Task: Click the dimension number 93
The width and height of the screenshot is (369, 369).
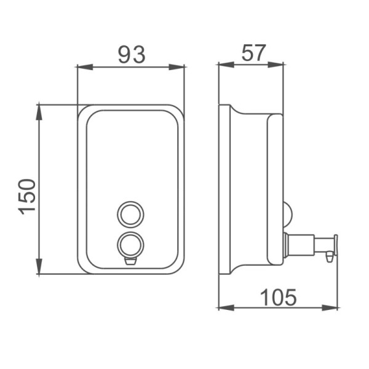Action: click(132, 55)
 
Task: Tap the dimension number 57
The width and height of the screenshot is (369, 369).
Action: click(253, 53)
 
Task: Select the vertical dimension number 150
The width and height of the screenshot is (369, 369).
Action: click(28, 197)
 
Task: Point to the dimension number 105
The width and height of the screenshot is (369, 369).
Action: click(279, 297)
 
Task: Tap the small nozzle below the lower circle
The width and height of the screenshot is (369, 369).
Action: click(130, 261)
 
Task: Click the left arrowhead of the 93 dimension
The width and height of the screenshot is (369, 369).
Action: click(85, 67)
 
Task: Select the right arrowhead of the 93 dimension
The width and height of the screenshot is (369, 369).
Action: click(177, 67)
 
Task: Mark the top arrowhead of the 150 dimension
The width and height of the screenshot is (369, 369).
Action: click(39, 113)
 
